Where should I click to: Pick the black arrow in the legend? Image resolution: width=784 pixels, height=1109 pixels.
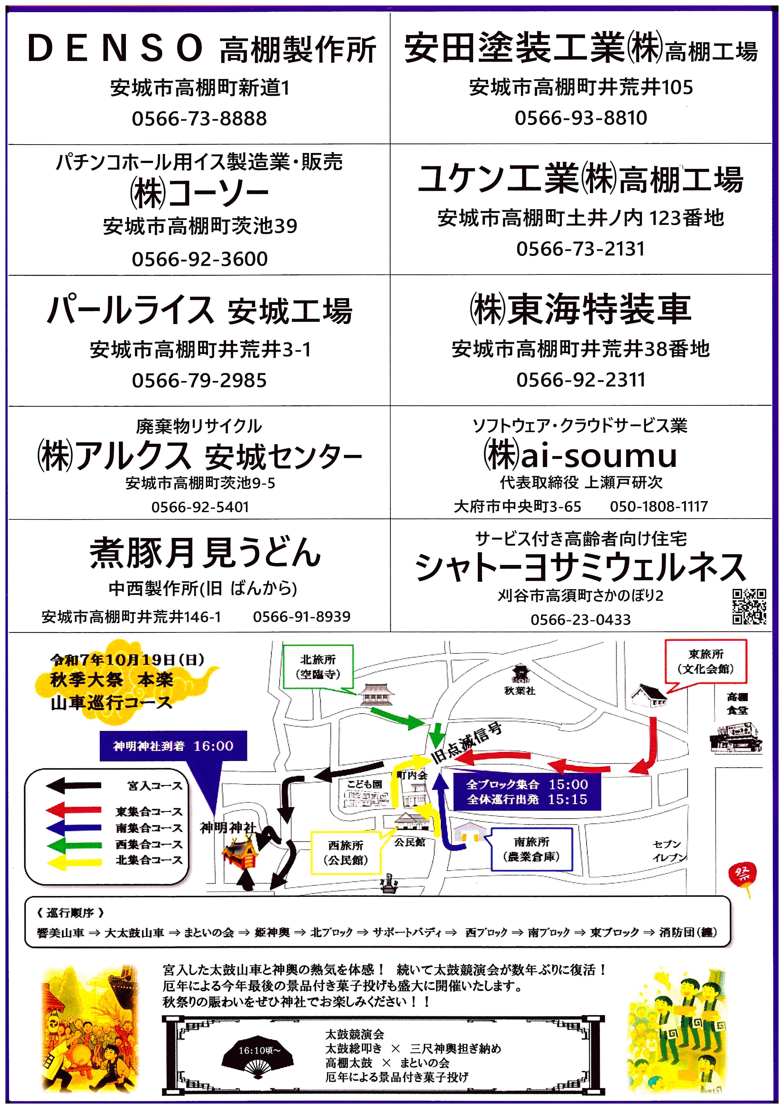pyautogui.click(x=74, y=786)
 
